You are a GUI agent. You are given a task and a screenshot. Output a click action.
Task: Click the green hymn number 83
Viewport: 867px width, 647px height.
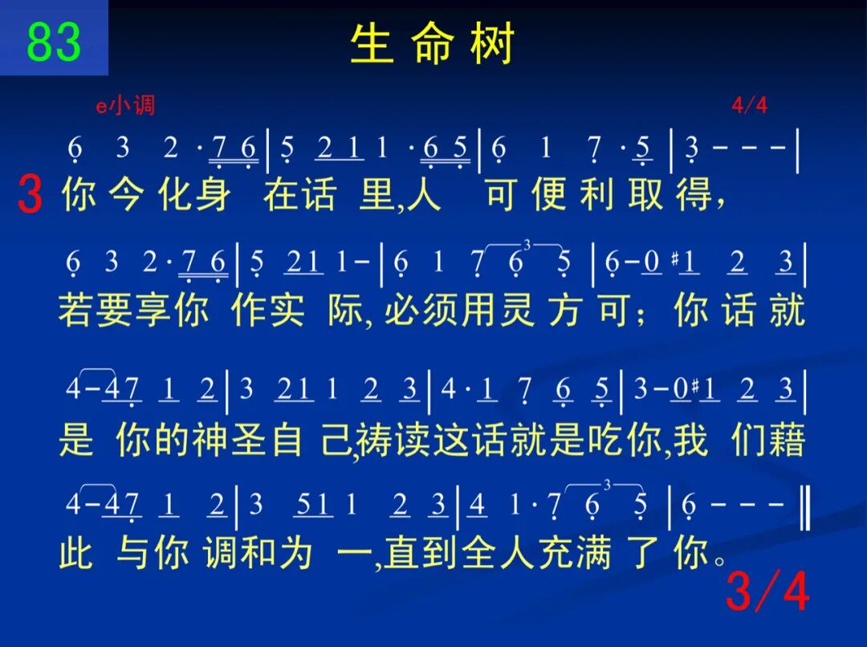click(x=54, y=42)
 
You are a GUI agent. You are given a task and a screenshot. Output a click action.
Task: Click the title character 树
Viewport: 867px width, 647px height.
click(x=493, y=43)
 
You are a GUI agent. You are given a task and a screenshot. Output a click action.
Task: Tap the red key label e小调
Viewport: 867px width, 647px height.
click(x=125, y=104)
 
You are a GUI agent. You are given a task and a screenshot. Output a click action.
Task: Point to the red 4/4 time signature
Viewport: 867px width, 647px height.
click(x=749, y=104)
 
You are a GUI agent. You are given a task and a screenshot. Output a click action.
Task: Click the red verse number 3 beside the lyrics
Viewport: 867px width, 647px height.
click(x=30, y=193)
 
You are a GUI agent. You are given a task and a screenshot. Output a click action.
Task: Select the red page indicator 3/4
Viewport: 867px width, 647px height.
click(x=767, y=591)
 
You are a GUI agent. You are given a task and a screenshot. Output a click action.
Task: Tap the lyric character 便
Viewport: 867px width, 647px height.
click(x=548, y=194)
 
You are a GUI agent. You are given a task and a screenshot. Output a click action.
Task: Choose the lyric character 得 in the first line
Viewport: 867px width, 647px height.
click(x=694, y=194)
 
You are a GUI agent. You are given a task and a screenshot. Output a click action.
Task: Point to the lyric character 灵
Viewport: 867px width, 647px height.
click(x=517, y=309)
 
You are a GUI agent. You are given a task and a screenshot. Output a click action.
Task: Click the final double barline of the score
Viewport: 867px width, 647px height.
click(x=805, y=505)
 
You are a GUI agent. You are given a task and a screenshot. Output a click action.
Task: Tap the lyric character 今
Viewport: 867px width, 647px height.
click(x=127, y=194)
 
